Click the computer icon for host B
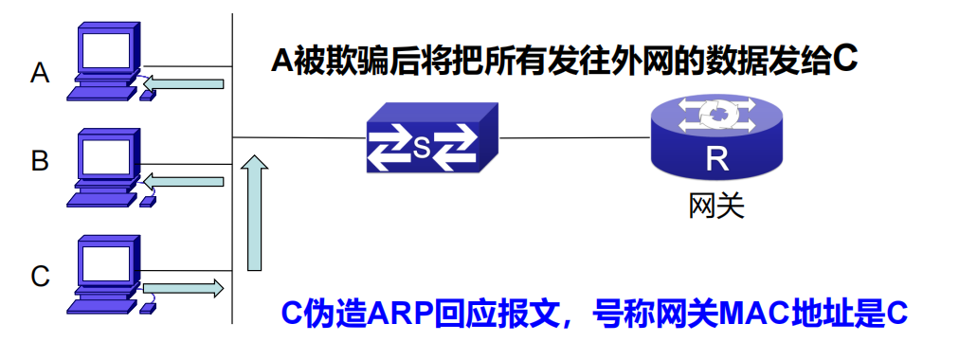pos(106,167)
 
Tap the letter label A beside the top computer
pos(40,72)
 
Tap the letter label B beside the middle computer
pos(40,162)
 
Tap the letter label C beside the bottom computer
pos(40,277)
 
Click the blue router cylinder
pos(717,142)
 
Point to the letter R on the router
pos(717,159)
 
